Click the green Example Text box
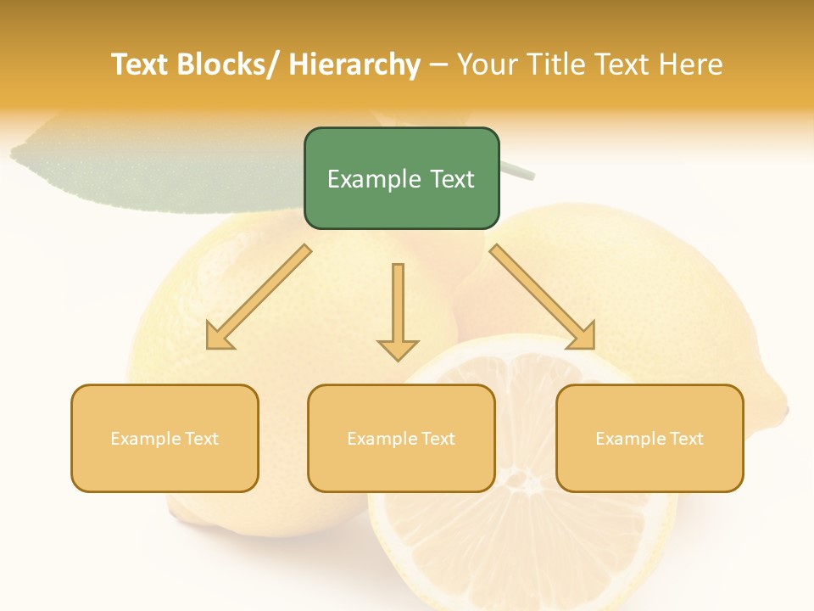tap(401, 178)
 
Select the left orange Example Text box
tap(164, 438)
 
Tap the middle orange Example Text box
tap(401, 438)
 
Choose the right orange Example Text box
tap(650, 438)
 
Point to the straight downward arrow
tap(398, 311)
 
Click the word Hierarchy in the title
tap(354, 64)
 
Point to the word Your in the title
tap(488, 64)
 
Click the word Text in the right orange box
tap(685, 439)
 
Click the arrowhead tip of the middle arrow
tap(398, 358)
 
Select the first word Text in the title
tap(141, 64)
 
